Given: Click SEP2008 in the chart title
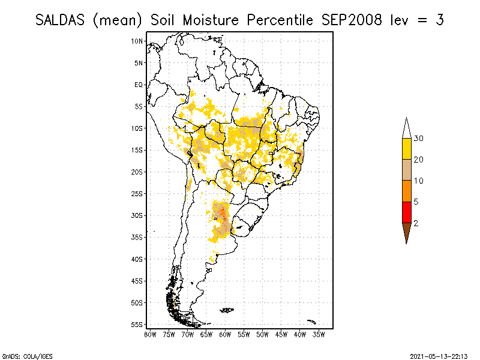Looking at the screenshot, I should pyautogui.click(x=350, y=20).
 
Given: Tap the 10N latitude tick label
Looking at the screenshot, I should pyautogui.click(x=137, y=41).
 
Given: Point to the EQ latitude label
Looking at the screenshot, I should pyautogui.click(x=139, y=85).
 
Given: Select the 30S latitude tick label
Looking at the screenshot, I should pyautogui.click(x=137, y=215).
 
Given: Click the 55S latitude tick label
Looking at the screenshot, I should pyautogui.click(x=137, y=325).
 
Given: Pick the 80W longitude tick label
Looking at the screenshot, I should pyautogui.click(x=150, y=334).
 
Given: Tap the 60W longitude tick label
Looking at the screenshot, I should pyautogui.click(x=225, y=334).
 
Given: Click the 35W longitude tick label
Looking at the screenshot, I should pyautogui.click(x=319, y=334).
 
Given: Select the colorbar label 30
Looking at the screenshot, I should pyautogui.click(x=419, y=139).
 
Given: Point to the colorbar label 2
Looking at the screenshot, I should pyautogui.click(x=416, y=223).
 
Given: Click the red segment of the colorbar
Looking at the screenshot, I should pyautogui.click(x=407, y=212).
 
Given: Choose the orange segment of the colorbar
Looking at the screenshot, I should pyautogui.click(x=407, y=191).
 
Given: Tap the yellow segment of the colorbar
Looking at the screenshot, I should pyautogui.click(x=407, y=149).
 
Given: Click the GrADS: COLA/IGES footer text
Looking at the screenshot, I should pyautogui.click(x=20, y=355).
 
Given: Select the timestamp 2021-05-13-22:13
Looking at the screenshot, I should pyautogui.click(x=439, y=355).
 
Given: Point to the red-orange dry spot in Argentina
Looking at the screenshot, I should pyautogui.click(x=223, y=213).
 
